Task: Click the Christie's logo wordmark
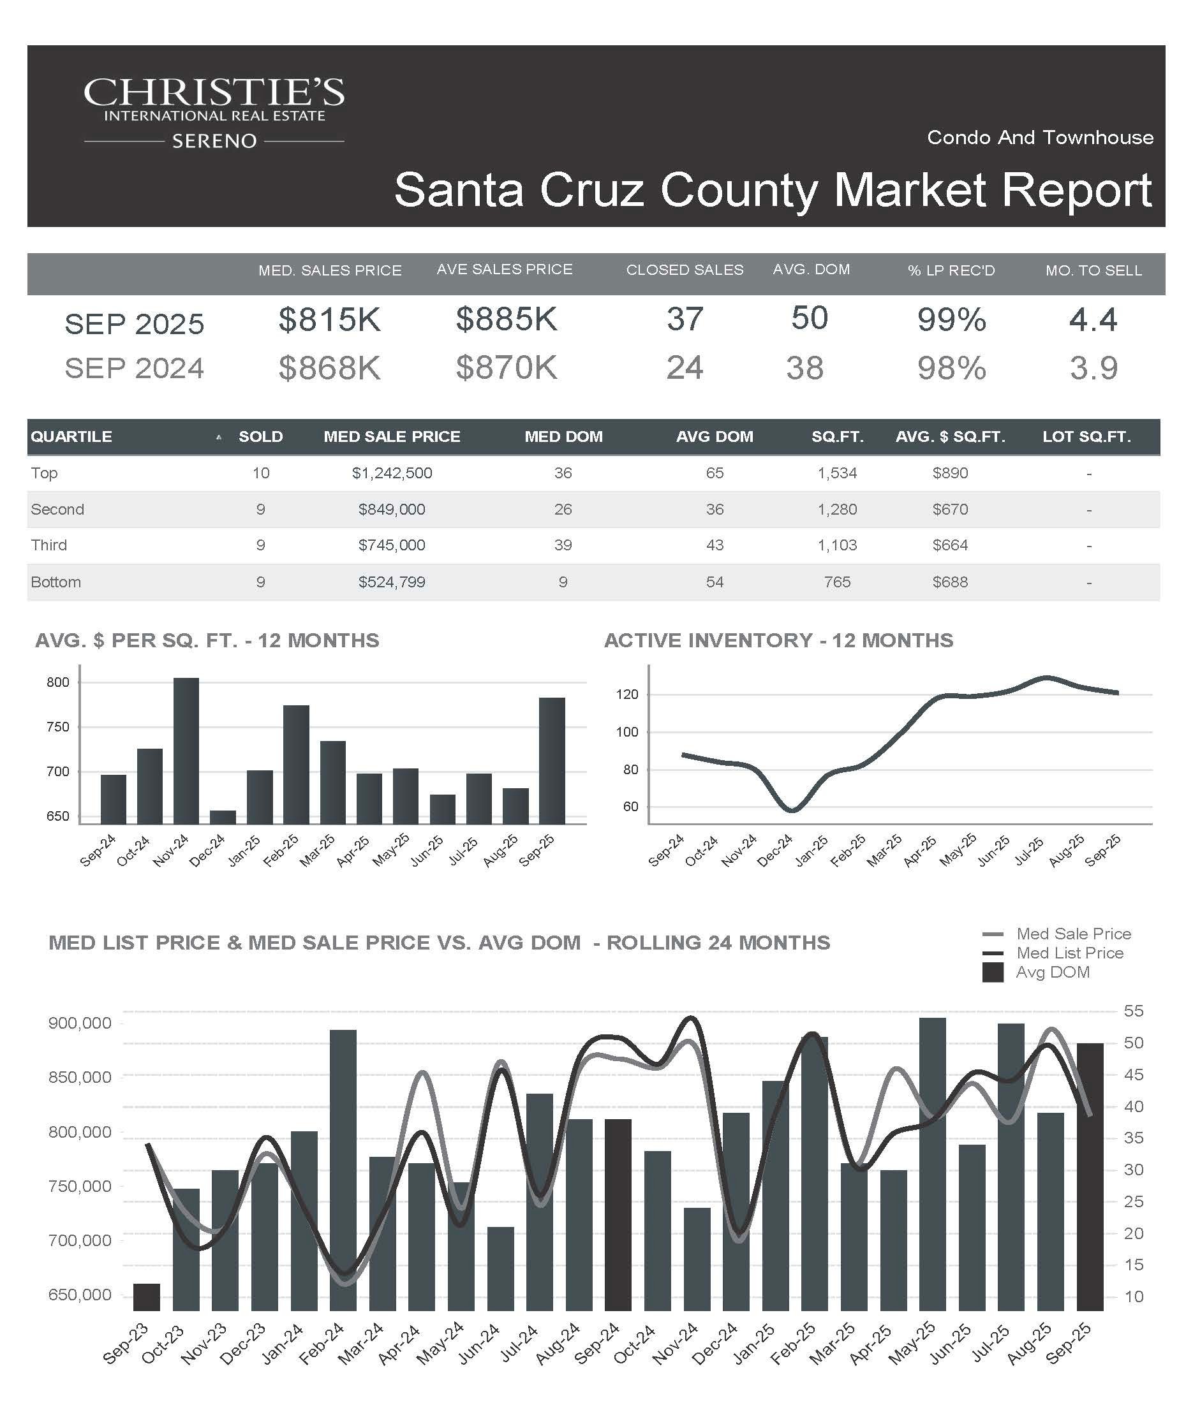pyautogui.click(x=214, y=93)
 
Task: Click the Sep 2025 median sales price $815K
pyautogui.click(x=330, y=319)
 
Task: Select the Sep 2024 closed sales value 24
pyautogui.click(x=685, y=368)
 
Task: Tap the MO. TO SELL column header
pyautogui.click(x=1093, y=270)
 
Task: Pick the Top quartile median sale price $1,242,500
pyautogui.click(x=391, y=473)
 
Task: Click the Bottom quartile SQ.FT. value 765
pyautogui.click(x=837, y=582)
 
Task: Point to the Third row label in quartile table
pyautogui.click(x=49, y=545)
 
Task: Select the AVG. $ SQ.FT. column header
pyautogui.click(x=949, y=437)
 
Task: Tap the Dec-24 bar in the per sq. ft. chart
pyautogui.click(x=223, y=816)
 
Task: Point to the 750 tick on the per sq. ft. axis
pyautogui.click(x=58, y=727)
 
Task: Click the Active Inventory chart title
pyautogui.click(x=778, y=640)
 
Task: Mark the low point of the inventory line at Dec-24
pyautogui.click(x=792, y=810)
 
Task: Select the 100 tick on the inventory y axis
pyautogui.click(x=626, y=732)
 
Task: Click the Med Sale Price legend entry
pyautogui.click(x=1073, y=934)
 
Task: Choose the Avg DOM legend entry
pyautogui.click(x=1052, y=973)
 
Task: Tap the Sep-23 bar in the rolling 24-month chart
pyautogui.click(x=147, y=1296)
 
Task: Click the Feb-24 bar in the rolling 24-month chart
pyautogui.click(x=343, y=1170)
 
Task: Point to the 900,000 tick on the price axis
pyautogui.click(x=79, y=1024)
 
